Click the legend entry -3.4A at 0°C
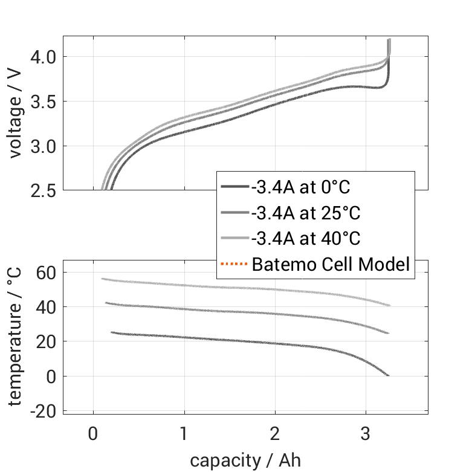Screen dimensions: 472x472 point(300,187)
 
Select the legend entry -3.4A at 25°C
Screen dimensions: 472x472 point(306,213)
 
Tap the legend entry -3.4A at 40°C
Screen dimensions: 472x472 point(306,238)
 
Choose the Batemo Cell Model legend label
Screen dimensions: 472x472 point(331,264)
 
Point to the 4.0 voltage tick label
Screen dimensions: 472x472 point(43,57)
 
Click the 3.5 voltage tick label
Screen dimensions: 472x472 point(43,102)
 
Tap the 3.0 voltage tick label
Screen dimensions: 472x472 point(43,146)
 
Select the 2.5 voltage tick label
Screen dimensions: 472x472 point(43,191)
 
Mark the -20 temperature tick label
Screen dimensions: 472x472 point(43,411)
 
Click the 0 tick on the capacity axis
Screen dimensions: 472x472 point(93,434)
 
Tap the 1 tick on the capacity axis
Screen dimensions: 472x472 point(184,434)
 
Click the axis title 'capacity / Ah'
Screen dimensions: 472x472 point(245,461)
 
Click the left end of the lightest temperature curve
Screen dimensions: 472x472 point(103,279)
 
